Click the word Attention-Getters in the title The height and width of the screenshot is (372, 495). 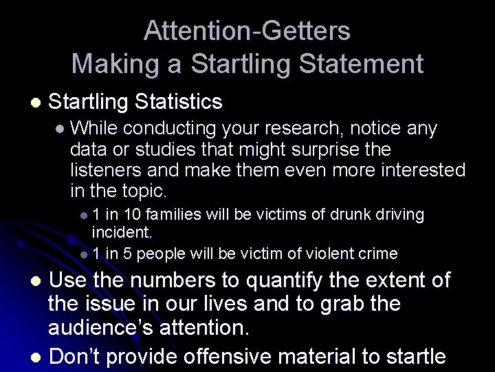pyautogui.click(x=247, y=30)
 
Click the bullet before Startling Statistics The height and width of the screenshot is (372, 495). pyautogui.click(x=27, y=103)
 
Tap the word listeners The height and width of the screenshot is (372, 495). pyautogui.click(x=104, y=169)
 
